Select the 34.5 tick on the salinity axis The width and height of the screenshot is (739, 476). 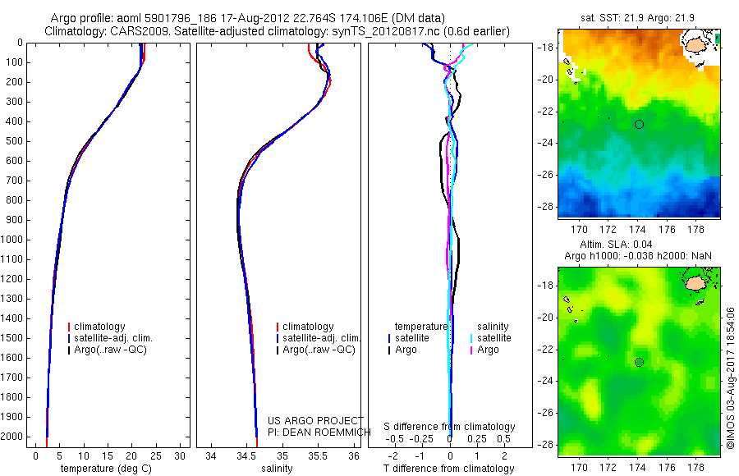tap(247, 455)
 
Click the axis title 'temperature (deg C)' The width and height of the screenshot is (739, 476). tap(103, 469)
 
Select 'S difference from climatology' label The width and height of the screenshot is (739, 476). tap(450, 427)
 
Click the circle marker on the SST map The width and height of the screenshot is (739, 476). tap(639, 124)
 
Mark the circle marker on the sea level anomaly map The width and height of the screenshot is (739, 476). tap(639, 362)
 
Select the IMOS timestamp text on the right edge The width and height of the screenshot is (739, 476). tap(730, 378)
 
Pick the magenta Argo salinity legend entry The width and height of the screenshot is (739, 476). tap(488, 350)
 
